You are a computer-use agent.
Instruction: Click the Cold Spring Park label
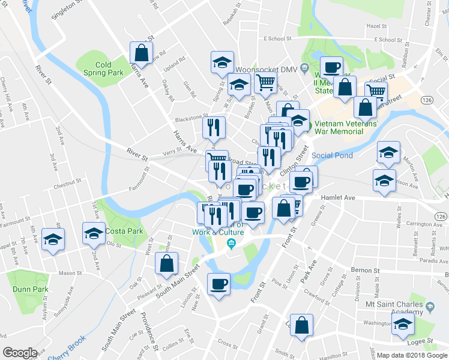pyautogui.click(x=103, y=68)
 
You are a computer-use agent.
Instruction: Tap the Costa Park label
pyautogui.click(x=124, y=231)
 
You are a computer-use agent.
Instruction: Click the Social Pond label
pyautogui.click(x=332, y=155)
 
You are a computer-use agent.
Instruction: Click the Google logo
pyautogui.click(x=20, y=353)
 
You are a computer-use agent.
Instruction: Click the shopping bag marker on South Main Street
pyautogui.click(x=166, y=263)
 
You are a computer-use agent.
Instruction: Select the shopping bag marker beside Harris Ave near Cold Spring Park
pyautogui.click(x=141, y=53)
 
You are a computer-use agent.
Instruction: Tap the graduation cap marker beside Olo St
pyautogui.click(x=93, y=233)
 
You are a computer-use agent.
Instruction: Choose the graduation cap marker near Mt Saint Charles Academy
pyautogui.click(x=404, y=326)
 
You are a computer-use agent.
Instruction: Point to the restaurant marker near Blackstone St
pyautogui.click(x=214, y=127)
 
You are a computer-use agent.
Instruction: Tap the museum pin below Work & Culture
pyautogui.click(x=232, y=244)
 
